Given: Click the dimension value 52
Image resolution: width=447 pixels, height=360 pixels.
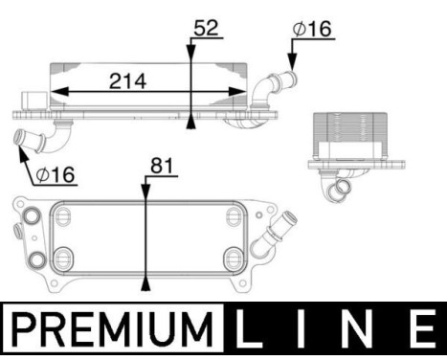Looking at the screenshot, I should (206, 28).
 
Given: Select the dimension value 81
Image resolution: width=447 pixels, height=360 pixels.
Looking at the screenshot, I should (160, 168).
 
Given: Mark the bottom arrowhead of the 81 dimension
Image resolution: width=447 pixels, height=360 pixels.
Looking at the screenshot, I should (145, 281).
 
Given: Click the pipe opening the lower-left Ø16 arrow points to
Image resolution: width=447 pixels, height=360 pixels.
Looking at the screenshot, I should (21, 139).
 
